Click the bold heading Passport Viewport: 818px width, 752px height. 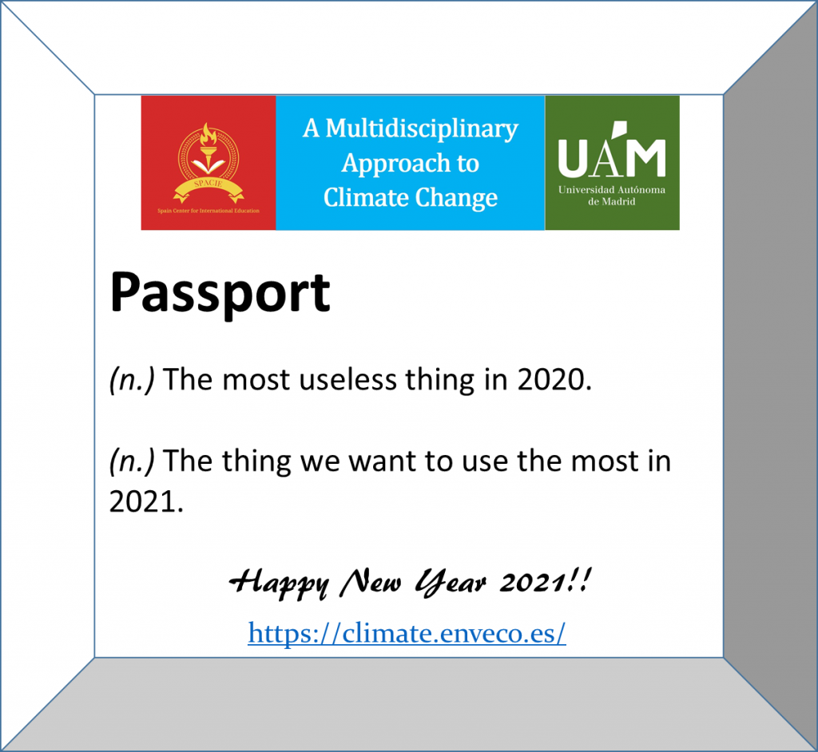(220, 295)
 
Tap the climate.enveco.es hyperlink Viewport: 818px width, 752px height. (407, 633)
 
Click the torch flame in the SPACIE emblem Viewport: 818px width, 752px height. (208, 135)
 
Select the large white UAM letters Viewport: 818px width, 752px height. (612, 150)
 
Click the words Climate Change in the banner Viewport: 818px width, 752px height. (411, 197)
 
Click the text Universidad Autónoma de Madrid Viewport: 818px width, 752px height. (612, 196)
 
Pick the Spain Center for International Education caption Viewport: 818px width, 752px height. (208, 211)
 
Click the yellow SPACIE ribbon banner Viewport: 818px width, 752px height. (208, 188)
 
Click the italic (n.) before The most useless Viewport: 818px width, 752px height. (132, 379)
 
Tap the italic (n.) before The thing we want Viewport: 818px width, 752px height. (132, 461)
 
